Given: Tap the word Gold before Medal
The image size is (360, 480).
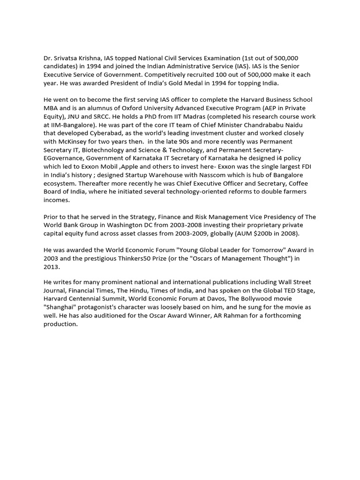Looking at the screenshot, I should [x=194, y=83].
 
